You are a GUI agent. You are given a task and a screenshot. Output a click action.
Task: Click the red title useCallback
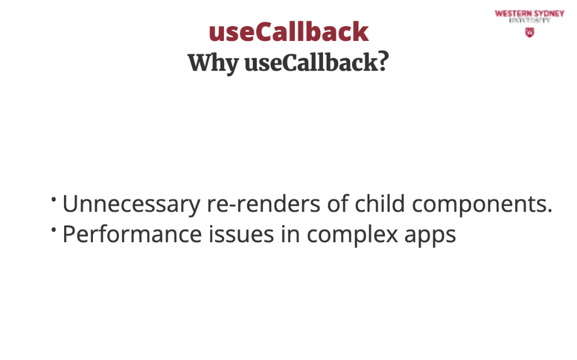click(288, 32)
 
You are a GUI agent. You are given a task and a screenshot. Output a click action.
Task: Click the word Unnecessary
click(132, 204)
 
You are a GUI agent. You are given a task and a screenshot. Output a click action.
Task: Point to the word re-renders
click(264, 204)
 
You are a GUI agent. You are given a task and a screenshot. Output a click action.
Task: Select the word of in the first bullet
click(338, 203)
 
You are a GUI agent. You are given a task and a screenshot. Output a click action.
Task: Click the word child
click(380, 203)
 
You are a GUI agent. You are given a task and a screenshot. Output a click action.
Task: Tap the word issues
click(241, 234)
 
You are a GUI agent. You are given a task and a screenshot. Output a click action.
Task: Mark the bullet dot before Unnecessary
click(54, 200)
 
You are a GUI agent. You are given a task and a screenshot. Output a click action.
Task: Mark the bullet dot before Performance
click(54, 230)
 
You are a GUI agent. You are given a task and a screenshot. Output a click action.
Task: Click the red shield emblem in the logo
click(530, 32)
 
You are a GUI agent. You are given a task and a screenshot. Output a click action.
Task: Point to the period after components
click(550, 211)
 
